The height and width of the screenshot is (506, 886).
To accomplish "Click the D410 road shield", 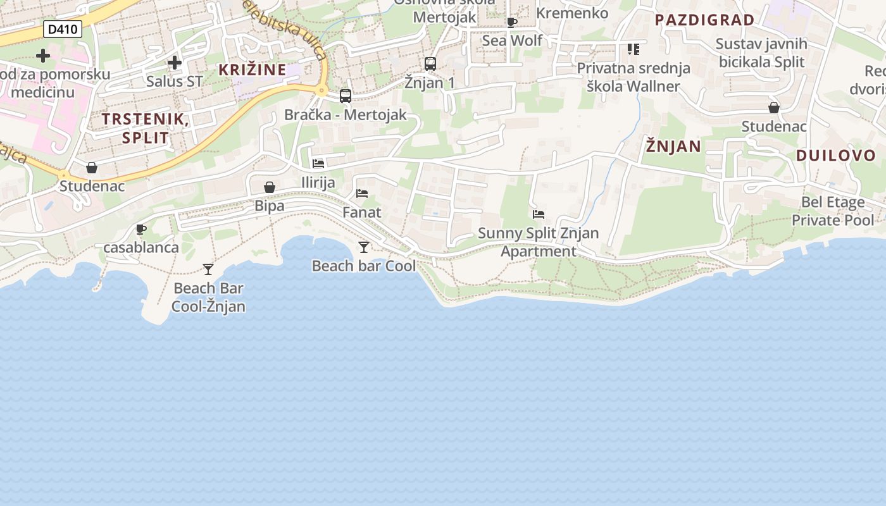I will point(63,28).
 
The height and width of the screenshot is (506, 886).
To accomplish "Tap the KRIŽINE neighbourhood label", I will point(253,70).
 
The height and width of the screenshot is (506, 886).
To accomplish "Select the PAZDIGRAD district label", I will point(704,20).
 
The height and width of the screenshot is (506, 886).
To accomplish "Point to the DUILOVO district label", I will point(835,156).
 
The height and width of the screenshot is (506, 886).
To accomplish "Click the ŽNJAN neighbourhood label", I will point(673,147).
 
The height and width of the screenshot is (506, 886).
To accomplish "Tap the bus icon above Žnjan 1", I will point(430,64).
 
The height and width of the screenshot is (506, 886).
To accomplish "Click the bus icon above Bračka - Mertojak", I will point(346,96).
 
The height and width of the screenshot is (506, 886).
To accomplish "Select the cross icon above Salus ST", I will point(175,63).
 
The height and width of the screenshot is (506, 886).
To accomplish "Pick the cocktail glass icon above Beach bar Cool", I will point(364,247).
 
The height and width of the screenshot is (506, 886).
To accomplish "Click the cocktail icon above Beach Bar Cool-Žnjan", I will point(208,269).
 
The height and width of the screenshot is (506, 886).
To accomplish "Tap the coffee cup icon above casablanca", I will point(141,229).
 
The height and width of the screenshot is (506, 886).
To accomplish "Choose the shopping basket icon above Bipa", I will point(270,187).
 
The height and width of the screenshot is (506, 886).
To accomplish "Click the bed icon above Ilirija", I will point(318,164).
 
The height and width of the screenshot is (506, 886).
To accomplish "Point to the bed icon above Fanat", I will point(362,194).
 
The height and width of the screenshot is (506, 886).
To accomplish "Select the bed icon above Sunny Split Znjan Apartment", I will point(539,214).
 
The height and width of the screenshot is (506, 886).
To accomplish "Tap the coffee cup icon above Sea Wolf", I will point(512,23).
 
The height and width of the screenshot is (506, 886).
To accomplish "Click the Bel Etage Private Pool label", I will point(833,211).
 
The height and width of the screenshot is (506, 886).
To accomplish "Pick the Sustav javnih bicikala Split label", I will point(761,53).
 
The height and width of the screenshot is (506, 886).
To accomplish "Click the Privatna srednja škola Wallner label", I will point(633,77).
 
